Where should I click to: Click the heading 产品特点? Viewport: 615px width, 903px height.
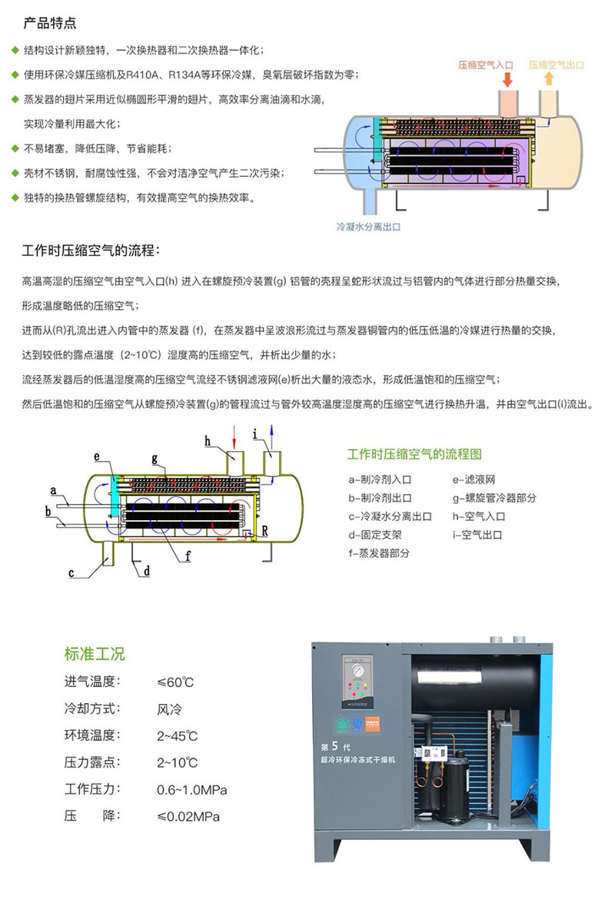coord(49,23)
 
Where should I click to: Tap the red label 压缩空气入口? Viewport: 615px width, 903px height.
coord(485,65)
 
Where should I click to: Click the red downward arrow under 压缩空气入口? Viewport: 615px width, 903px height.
coord(507,78)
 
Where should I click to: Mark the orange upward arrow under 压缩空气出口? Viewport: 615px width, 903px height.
coord(548,78)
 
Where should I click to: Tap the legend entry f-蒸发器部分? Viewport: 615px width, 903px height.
coord(379,553)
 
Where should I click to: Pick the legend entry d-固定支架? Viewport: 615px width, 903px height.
coord(376,534)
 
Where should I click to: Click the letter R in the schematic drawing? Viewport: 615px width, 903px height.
coord(264,530)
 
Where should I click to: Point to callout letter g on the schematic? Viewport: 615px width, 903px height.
coord(155,459)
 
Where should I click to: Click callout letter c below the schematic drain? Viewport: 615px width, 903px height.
coord(71,572)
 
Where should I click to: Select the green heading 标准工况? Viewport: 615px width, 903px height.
coord(95,654)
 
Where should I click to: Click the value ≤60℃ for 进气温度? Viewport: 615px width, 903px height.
coord(175,682)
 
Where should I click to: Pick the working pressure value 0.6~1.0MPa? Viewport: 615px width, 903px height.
coord(191,790)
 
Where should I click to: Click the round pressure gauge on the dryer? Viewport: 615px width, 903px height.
coord(357,669)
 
